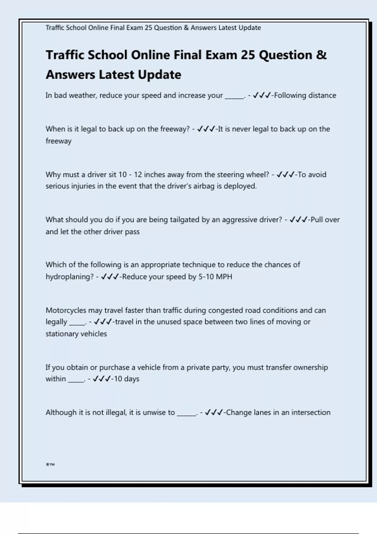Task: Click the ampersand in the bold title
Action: pyautogui.click(x=321, y=55)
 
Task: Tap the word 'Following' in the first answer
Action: pyautogui.click(x=287, y=95)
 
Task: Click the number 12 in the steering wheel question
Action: pyautogui.click(x=138, y=175)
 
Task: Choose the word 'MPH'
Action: pyautogui.click(x=224, y=277)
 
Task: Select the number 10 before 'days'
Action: pyautogui.click(x=118, y=379)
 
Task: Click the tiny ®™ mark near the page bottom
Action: pyautogui.click(x=50, y=465)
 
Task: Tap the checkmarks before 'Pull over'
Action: pyautogui.click(x=298, y=220)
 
